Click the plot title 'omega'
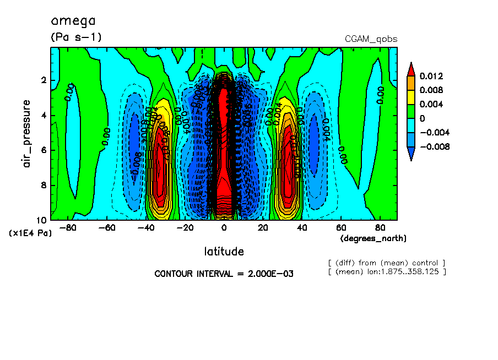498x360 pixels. (x=73, y=21)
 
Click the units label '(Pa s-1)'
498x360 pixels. (x=76, y=37)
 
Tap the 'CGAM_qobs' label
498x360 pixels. (x=371, y=39)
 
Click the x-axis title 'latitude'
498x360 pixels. (x=224, y=252)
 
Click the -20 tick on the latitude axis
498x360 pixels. (x=185, y=227)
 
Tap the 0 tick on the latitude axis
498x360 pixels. (x=224, y=227)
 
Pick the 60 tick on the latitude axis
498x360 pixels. (x=341, y=227)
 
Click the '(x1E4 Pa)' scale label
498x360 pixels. (x=30, y=233)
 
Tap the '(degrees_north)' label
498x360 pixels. (x=373, y=238)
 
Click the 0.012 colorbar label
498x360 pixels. (x=431, y=75)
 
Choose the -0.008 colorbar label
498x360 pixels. (x=434, y=146)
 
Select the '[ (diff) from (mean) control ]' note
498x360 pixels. (x=386, y=263)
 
